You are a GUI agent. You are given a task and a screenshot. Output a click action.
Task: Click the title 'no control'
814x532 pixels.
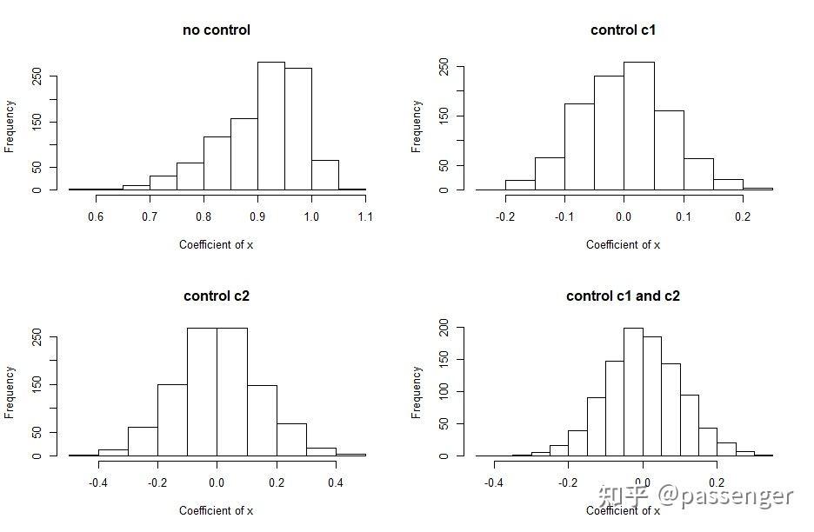(x=216, y=30)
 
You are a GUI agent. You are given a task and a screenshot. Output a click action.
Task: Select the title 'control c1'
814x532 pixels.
(x=623, y=30)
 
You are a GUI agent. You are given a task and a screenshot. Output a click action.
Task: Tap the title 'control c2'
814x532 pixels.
(x=216, y=296)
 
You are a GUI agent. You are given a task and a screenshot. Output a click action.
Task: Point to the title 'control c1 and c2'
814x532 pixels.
(x=623, y=296)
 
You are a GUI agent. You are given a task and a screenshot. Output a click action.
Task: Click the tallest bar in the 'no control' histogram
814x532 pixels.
(x=270, y=126)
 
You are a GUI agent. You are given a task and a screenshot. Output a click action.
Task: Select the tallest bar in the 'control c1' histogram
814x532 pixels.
(x=638, y=126)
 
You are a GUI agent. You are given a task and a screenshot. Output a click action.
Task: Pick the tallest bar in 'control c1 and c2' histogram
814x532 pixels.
(x=633, y=391)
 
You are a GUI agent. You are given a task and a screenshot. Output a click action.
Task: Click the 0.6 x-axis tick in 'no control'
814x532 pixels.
(x=96, y=217)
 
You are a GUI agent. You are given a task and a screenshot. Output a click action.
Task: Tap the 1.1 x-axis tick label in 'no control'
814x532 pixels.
(x=365, y=217)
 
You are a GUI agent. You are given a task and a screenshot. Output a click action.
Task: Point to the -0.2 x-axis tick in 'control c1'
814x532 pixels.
(x=504, y=217)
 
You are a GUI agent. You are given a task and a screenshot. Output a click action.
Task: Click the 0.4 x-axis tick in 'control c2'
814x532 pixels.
(x=336, y=483)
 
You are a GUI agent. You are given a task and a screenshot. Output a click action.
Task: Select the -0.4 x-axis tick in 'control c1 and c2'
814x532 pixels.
(x=493, y=483)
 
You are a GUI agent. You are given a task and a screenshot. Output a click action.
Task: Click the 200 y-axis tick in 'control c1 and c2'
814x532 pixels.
(x=443, y=328)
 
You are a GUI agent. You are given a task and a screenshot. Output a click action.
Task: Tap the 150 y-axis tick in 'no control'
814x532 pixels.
(x=37, y=122)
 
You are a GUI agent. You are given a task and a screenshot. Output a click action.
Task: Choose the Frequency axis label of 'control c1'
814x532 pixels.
(x=417, y=127)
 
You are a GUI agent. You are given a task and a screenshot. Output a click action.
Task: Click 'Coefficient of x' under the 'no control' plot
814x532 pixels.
(x=216, y=244)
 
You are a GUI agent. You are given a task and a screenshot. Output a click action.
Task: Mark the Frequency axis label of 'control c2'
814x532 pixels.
(x=10, y=392)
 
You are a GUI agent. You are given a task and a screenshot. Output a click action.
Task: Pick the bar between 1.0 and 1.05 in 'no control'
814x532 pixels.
(x=324, y=175)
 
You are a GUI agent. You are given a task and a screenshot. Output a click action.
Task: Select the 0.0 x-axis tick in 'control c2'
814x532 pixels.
(x=217, y=483)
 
